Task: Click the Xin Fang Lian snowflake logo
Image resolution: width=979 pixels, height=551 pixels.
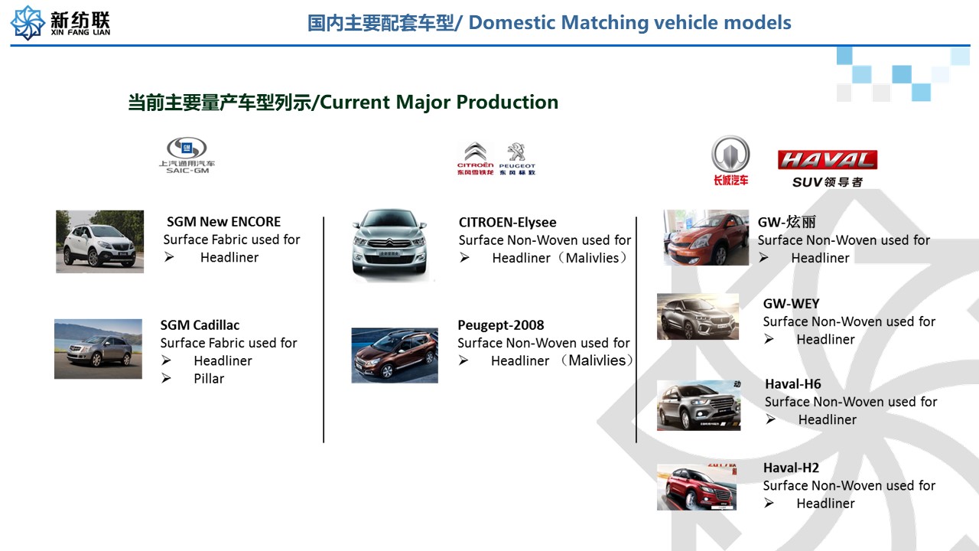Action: click(x=28, y=23)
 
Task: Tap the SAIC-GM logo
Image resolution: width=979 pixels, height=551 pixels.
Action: click(x=187, y=155)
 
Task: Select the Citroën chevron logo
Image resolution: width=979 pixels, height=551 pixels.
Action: click(x=476, y=158)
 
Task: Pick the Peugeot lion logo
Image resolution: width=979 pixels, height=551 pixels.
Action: click(x=517, y=158)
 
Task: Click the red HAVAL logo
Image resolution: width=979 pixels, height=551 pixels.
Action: click(x=828, y=160)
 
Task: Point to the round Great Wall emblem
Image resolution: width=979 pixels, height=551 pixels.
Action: click(x=730, y=155)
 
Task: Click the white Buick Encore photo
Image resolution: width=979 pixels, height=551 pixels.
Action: click(x=99, y=241)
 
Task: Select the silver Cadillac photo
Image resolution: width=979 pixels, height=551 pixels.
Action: click(x=98, y=349)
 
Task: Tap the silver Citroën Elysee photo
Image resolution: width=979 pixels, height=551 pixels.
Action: click(x=390, y=244)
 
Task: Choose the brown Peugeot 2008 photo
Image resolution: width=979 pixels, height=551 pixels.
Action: click(x=395, y=356)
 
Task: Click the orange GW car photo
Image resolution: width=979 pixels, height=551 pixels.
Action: click(x=706, y=237)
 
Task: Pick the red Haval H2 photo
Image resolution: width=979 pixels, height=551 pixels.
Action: click(x=697, y=487)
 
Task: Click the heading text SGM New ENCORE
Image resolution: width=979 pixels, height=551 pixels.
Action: click(x=223, y=222)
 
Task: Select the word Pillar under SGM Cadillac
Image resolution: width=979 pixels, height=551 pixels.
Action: click(x=209, y=378)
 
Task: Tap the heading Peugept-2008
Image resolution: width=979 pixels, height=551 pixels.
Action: click(x=501, y=325)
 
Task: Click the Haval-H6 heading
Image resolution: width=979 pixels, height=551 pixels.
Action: click(x=793, y=384)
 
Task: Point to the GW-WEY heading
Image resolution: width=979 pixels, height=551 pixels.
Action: click(x=791, y=304)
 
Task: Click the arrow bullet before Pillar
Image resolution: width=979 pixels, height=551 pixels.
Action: click(x=166, y=378)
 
